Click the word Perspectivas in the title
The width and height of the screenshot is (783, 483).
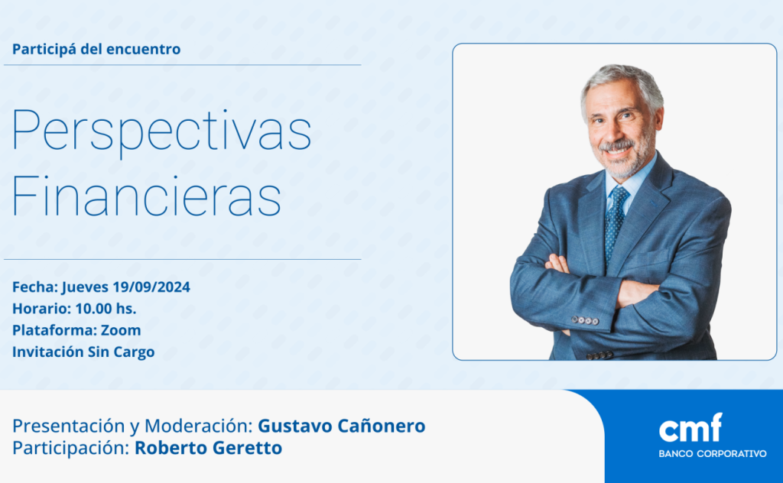tap(161, 131)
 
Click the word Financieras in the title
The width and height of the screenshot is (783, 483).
tap(146, 196)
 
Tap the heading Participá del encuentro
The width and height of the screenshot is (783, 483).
tap(96, 50)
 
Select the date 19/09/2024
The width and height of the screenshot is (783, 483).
tap(151, 287)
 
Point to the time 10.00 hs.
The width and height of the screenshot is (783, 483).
tap(106, 308)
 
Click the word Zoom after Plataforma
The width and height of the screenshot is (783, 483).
tap(121, 330)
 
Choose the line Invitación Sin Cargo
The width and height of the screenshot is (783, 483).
tap(83, 352)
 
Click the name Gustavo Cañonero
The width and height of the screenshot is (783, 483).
tap(342, 426)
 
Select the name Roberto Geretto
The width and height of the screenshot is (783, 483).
tap(208, 448)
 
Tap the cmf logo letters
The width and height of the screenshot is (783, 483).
tap(690, 428)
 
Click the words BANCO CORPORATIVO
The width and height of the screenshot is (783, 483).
tap(713, 453)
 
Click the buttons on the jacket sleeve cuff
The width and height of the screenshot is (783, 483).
tap(585, 320)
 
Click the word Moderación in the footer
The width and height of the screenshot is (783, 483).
tap(199, 426)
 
